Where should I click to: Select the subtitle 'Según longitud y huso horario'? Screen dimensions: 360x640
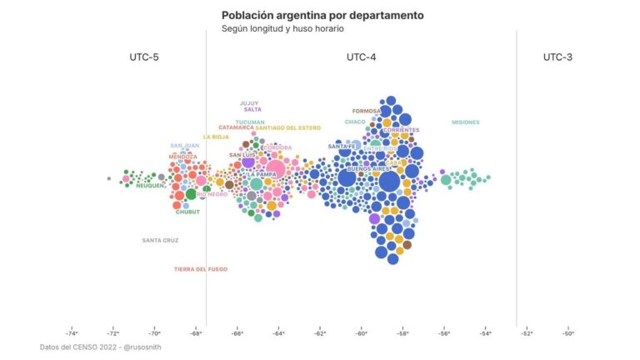[282, 28]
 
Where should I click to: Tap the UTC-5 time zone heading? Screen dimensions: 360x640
[144, 57]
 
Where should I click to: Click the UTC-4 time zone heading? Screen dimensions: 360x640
[361, 57]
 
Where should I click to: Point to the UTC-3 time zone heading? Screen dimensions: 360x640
[557, 57]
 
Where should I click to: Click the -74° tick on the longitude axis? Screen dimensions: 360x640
[72, 333]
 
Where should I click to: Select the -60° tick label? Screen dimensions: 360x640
[361, 333]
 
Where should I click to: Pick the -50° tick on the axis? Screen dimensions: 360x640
[567, 333]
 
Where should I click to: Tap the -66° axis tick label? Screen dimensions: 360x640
[237, 333]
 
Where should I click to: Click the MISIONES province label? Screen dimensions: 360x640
[465, 122]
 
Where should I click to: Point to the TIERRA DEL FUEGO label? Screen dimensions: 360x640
[200, 269]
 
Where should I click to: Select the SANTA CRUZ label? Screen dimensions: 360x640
[160, 240]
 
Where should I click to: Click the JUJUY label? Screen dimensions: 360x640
[248, 103]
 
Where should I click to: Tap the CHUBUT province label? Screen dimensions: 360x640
[187, 212]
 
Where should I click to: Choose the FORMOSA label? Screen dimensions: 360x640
[367, 111]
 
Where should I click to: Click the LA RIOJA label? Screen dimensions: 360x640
[216, 137]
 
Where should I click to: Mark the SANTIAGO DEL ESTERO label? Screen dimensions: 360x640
[287, 127]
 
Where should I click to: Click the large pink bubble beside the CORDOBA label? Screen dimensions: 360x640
[276, 169]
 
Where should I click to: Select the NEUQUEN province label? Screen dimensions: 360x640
[150, 186]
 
